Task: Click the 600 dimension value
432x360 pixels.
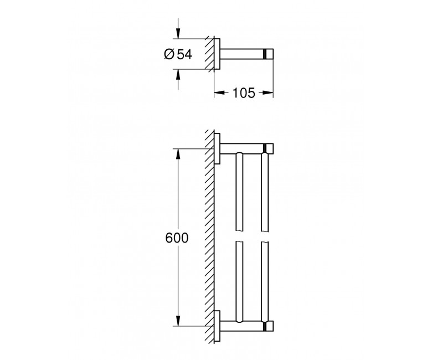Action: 177,238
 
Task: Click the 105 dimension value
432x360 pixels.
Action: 244,93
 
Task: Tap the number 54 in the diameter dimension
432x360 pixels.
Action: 184,54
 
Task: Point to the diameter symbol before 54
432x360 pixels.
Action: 169,54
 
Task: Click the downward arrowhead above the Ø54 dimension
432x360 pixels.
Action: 178,33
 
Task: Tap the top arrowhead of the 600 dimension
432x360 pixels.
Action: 178,155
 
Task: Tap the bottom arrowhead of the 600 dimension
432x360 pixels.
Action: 178,320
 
